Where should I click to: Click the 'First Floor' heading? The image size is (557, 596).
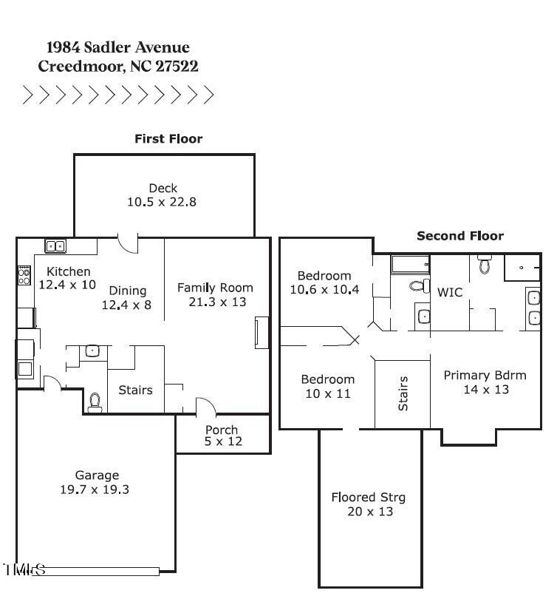point(168,138)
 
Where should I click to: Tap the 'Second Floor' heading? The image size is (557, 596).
point(460,236)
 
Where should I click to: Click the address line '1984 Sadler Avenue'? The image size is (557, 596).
point(118,47)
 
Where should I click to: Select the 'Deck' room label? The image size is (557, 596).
point(163,188)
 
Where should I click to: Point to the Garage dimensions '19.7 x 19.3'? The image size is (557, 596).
point(95,490)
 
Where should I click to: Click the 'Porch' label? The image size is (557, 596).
point(222,430)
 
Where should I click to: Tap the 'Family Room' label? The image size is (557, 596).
point(215,288)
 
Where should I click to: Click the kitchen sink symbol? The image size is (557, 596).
point(55,246)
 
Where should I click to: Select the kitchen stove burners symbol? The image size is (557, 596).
point(24,276)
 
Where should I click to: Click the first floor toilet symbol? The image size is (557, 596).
point(95,402)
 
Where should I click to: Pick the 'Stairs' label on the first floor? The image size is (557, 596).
point(135,390)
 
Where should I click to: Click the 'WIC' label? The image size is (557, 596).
point(450,292)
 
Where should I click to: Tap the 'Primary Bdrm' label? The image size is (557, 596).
point(485,375)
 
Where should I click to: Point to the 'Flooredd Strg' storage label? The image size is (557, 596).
point(368,497)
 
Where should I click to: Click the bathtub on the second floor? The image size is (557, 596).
point(410,264)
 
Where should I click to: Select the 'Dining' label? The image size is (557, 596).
point(128,290)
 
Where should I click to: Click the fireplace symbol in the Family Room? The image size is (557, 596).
point(261,332)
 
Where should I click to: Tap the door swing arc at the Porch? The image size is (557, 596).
point(206,406)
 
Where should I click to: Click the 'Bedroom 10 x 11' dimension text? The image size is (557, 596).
point(327,393)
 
